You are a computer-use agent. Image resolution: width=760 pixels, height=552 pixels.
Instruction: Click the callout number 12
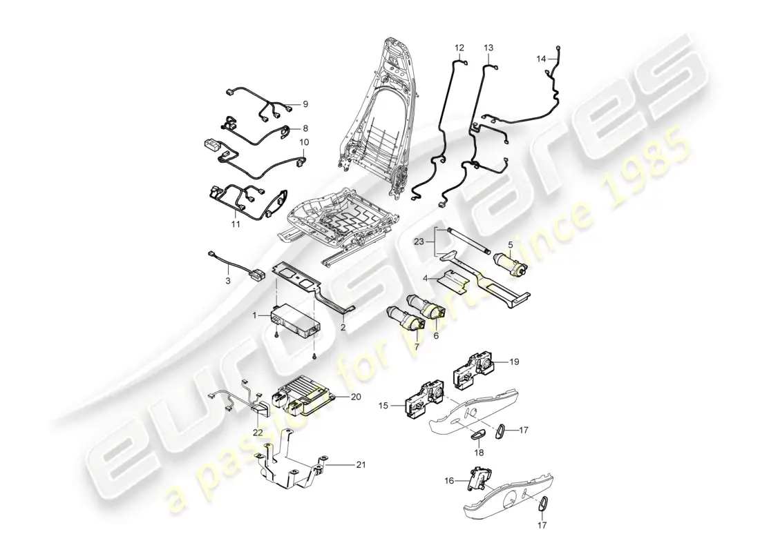click(459, 48)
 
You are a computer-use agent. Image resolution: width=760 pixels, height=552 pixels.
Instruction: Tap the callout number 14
click(541, 60)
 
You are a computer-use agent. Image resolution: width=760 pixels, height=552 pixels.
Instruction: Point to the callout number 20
click(356, 397)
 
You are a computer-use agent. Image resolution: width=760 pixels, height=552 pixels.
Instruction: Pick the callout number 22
click(257, 432)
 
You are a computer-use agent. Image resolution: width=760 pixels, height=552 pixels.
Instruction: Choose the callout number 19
click(513, 361)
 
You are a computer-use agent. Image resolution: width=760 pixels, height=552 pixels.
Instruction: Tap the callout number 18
click(479, 453)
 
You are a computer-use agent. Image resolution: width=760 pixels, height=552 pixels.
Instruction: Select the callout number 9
click(305, 104)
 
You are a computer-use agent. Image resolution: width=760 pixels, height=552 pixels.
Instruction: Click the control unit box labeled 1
click(296, 319)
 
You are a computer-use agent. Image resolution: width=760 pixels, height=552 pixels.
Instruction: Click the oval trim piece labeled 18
click(478, 435)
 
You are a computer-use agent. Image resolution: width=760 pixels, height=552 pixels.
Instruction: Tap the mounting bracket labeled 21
click(290, 469)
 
